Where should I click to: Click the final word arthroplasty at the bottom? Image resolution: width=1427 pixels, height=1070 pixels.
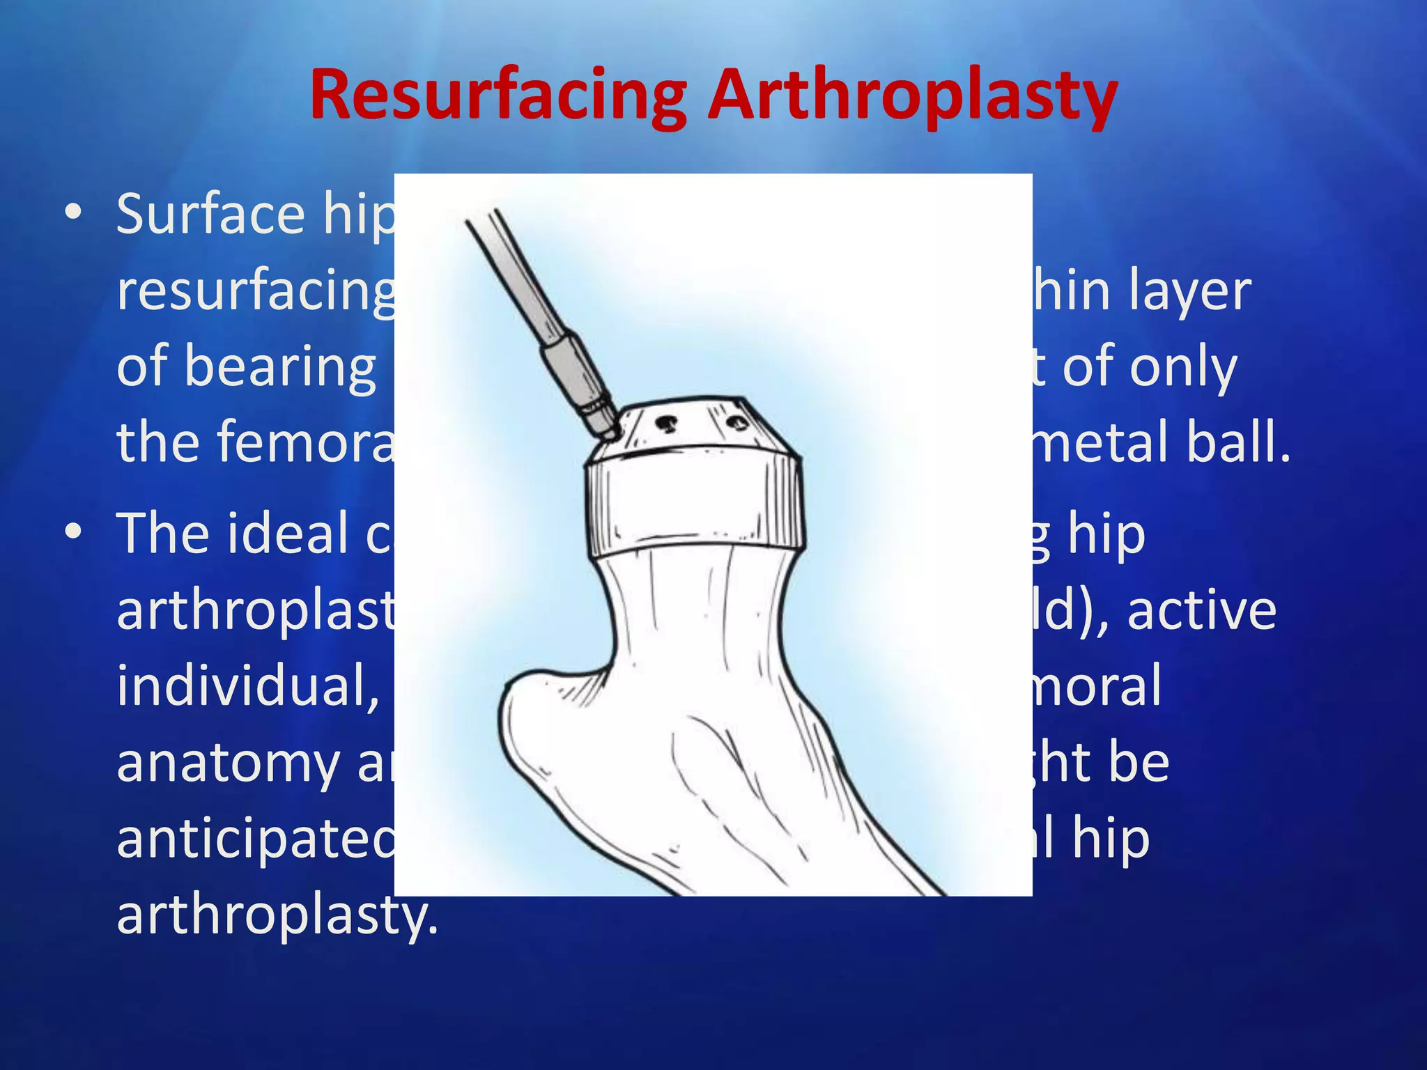(x=277, y=915)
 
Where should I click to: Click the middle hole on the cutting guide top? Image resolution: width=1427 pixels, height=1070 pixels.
(x=668, y=421)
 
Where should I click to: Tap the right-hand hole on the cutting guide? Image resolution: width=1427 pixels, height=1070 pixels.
(x=734, y=422)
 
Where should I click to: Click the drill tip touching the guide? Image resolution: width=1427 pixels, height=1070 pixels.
(x=608, y=432)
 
